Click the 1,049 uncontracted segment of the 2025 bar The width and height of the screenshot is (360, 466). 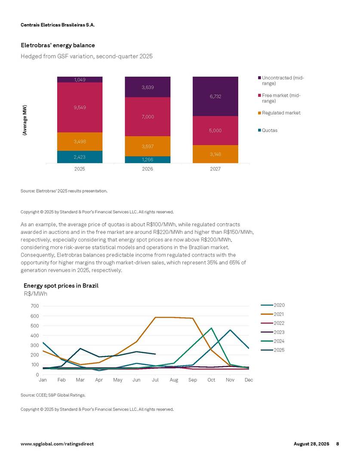tap(80, 80)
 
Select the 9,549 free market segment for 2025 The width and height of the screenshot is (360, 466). tap(80, 107)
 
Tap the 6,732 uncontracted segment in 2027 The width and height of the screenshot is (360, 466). tap(215, 96)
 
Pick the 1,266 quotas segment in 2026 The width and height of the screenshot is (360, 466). tap(148, 160)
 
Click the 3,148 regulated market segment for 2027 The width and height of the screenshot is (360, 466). tap(215, 154)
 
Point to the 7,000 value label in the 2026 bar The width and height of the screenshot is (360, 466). tap(148, 117)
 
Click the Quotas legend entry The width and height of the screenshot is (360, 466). tap(270, 130)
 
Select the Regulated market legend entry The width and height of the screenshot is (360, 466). tap(281, 113)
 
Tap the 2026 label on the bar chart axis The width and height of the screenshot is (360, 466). tap(148, 169)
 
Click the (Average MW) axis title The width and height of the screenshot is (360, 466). tap(25, 120)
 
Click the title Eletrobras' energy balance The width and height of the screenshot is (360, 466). tap(58, 45)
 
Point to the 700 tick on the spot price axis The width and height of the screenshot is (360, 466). tap(35, 306)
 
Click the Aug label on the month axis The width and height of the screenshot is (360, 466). tap(174, 380)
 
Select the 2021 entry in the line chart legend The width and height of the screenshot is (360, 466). tap(278, 314)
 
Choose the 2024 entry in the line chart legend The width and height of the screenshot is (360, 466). tap(278, 341)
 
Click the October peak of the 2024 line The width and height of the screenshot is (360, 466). tap(211, 328)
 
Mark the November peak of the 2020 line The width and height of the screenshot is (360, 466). tap(230, 330)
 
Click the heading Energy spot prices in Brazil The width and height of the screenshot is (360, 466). tap(61, 285)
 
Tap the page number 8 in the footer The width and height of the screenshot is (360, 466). tap(338, 444)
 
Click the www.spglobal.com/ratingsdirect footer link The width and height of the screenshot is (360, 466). tap(57, 444)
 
